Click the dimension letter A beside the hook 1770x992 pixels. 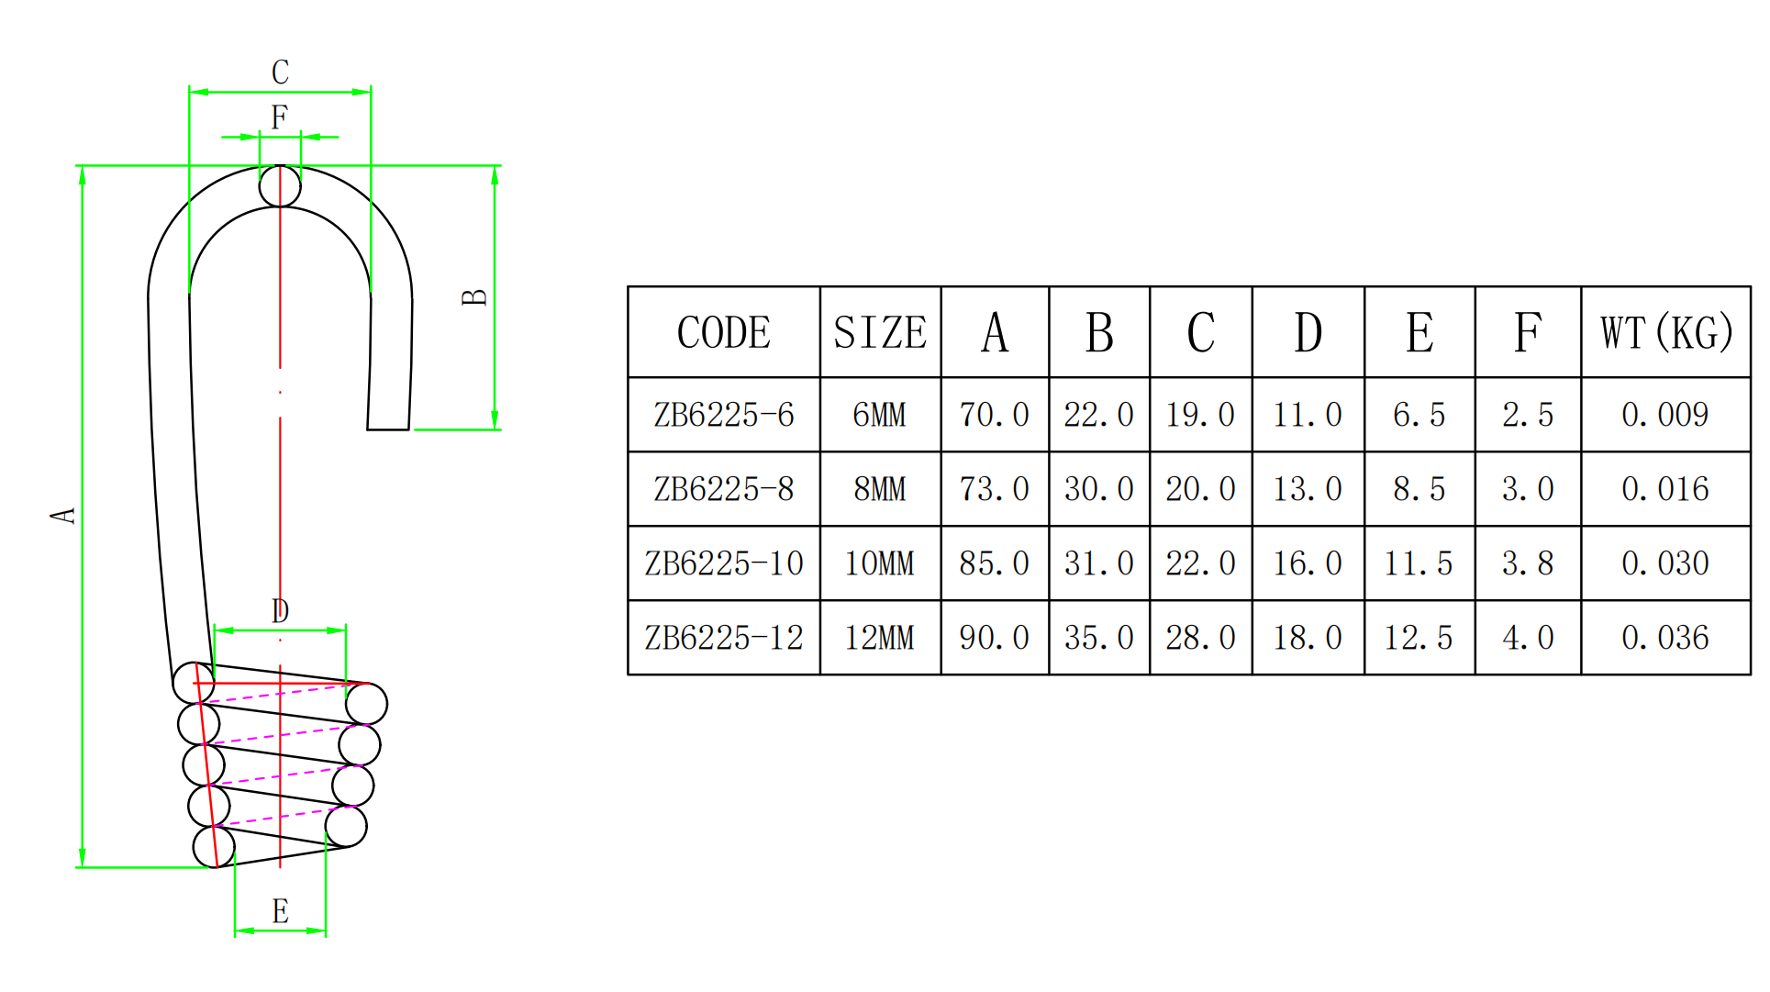point(63,515)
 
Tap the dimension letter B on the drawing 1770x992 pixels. point(474,297)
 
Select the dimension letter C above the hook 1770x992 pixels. point(280,72)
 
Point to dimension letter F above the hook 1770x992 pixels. point(279,117)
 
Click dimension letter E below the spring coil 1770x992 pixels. point(280,911)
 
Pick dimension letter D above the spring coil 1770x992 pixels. point(280,610)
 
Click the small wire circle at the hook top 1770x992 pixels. point(280,186)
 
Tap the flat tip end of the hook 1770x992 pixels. point(388,429)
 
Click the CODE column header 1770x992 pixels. point(724,332)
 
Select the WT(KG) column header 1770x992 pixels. point(1666,332)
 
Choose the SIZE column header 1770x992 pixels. point(880,332)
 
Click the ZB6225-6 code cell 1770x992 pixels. point(724,415)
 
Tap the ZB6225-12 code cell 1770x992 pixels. point(724,638)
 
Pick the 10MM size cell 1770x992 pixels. point(880,563)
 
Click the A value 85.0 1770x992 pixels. point(995,563)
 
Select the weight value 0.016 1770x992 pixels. point(1665,489)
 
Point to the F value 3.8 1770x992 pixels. point(1528,563)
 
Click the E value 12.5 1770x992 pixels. point(1419,638)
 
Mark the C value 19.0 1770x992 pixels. point(1200,415)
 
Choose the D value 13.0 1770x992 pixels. point(1308,489)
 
